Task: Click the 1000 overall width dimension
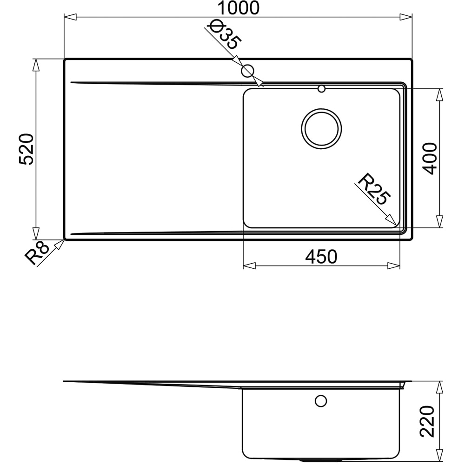tap(237, 8)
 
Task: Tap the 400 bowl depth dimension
tap(430, 158)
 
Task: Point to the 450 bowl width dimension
tap(321, 256)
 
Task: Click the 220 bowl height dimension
tap(427, 421)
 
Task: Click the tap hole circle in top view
tap(247, 71)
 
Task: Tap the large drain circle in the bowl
tap(321, 129)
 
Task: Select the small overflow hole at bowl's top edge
tap(321, 88)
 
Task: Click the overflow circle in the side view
tap(321, 400)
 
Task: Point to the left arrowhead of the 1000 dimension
tap(69, 18)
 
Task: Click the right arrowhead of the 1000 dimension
tap(406, 18)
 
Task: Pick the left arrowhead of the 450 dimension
tap(249, 266)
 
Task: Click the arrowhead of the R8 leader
tap(60, 243)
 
